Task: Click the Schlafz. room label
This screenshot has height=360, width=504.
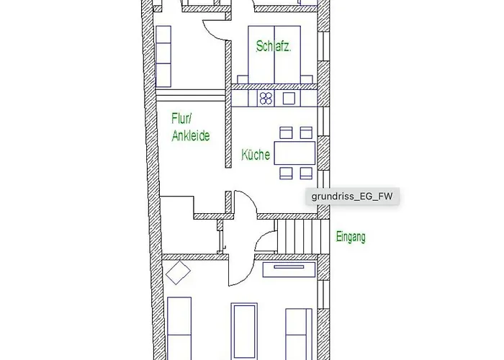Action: tap(274, 47)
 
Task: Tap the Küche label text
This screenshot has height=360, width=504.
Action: tap(256, 155)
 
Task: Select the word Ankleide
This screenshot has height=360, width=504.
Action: tap(191, 135)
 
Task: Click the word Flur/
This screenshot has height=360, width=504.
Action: tap(181, 118)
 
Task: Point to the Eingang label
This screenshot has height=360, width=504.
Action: tap(351, 237)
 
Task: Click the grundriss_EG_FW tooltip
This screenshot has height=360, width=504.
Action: tap(352, 196)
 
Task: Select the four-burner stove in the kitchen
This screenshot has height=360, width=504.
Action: tap(266, 99)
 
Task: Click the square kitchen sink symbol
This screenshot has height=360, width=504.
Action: tap(289, 99)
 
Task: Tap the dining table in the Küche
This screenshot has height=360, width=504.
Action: tap(294, 153)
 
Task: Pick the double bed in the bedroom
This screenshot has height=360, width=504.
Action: tap(274, 55)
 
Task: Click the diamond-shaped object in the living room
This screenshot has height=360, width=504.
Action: tap(178, 273)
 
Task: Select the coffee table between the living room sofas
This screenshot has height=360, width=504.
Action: tap(244, 331)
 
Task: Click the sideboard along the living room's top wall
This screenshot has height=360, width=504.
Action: tap(289, 269)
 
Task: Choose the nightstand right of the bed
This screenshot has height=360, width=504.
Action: tap(307, 79)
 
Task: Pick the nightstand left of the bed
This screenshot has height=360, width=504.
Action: tap(243, 79)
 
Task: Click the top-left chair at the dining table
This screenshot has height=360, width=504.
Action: tap(286, 132)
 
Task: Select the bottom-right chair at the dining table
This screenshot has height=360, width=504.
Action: tap(306, 174)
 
